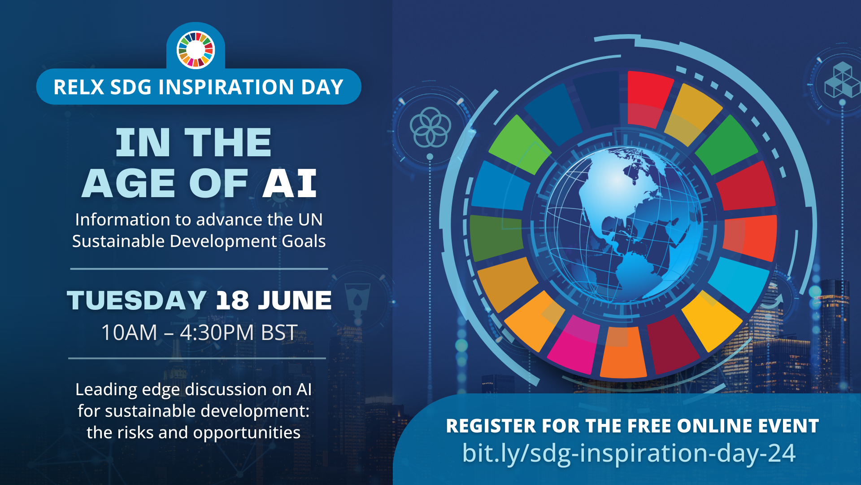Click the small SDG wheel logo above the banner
tap(196, 50)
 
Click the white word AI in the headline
tap(290, 184)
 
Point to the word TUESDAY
tap(137, 300)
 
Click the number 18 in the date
tap(232, 300)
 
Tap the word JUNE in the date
tap(295, 300)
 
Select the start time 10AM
tap(130, 333)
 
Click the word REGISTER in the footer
tap(491, 426)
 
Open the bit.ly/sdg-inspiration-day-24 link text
tap(629, 454)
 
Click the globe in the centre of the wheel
tap(624, 225)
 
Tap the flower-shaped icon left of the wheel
tap(430, 127)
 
